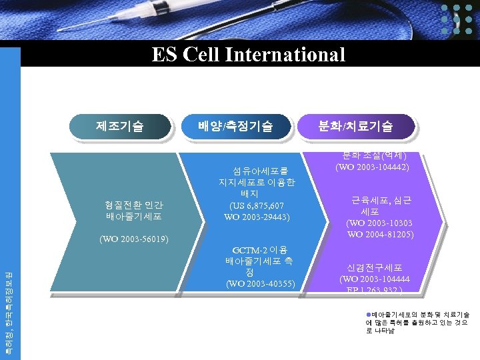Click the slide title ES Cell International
pos(248,54)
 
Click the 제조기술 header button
pos(120,125)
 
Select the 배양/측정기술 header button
pos(235,125)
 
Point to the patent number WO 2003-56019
pos(133,239)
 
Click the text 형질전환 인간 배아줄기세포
pos(133,211)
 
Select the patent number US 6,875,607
pos(257,205)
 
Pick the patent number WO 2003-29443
pos(257,217)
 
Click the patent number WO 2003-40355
pos(261,284)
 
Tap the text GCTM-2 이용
pos(260,249)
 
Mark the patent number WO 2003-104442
pos(372,167)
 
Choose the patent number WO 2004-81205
pos(380,234)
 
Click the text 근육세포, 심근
pos(381,199)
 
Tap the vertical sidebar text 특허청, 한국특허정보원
pos(9,307)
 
